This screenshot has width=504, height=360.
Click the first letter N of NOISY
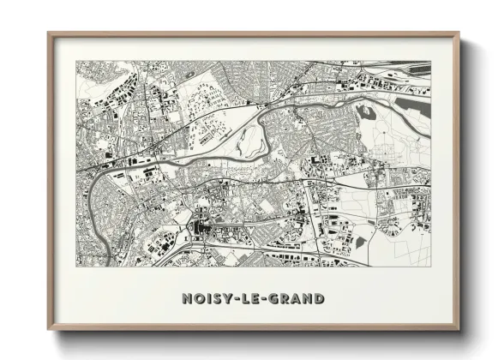[186, 299]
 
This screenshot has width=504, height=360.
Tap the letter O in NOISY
[198, 299]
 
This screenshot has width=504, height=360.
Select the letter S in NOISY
[215, 299]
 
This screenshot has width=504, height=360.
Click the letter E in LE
[255, 299]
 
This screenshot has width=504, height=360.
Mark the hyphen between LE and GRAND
[264, 300]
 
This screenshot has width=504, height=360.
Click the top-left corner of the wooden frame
[49, 33]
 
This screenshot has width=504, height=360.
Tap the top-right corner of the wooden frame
[459, 33]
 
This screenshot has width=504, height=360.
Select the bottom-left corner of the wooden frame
[49, 330]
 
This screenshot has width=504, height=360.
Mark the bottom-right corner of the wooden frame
[459, 330]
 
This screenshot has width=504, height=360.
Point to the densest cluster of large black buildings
[204, 229]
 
